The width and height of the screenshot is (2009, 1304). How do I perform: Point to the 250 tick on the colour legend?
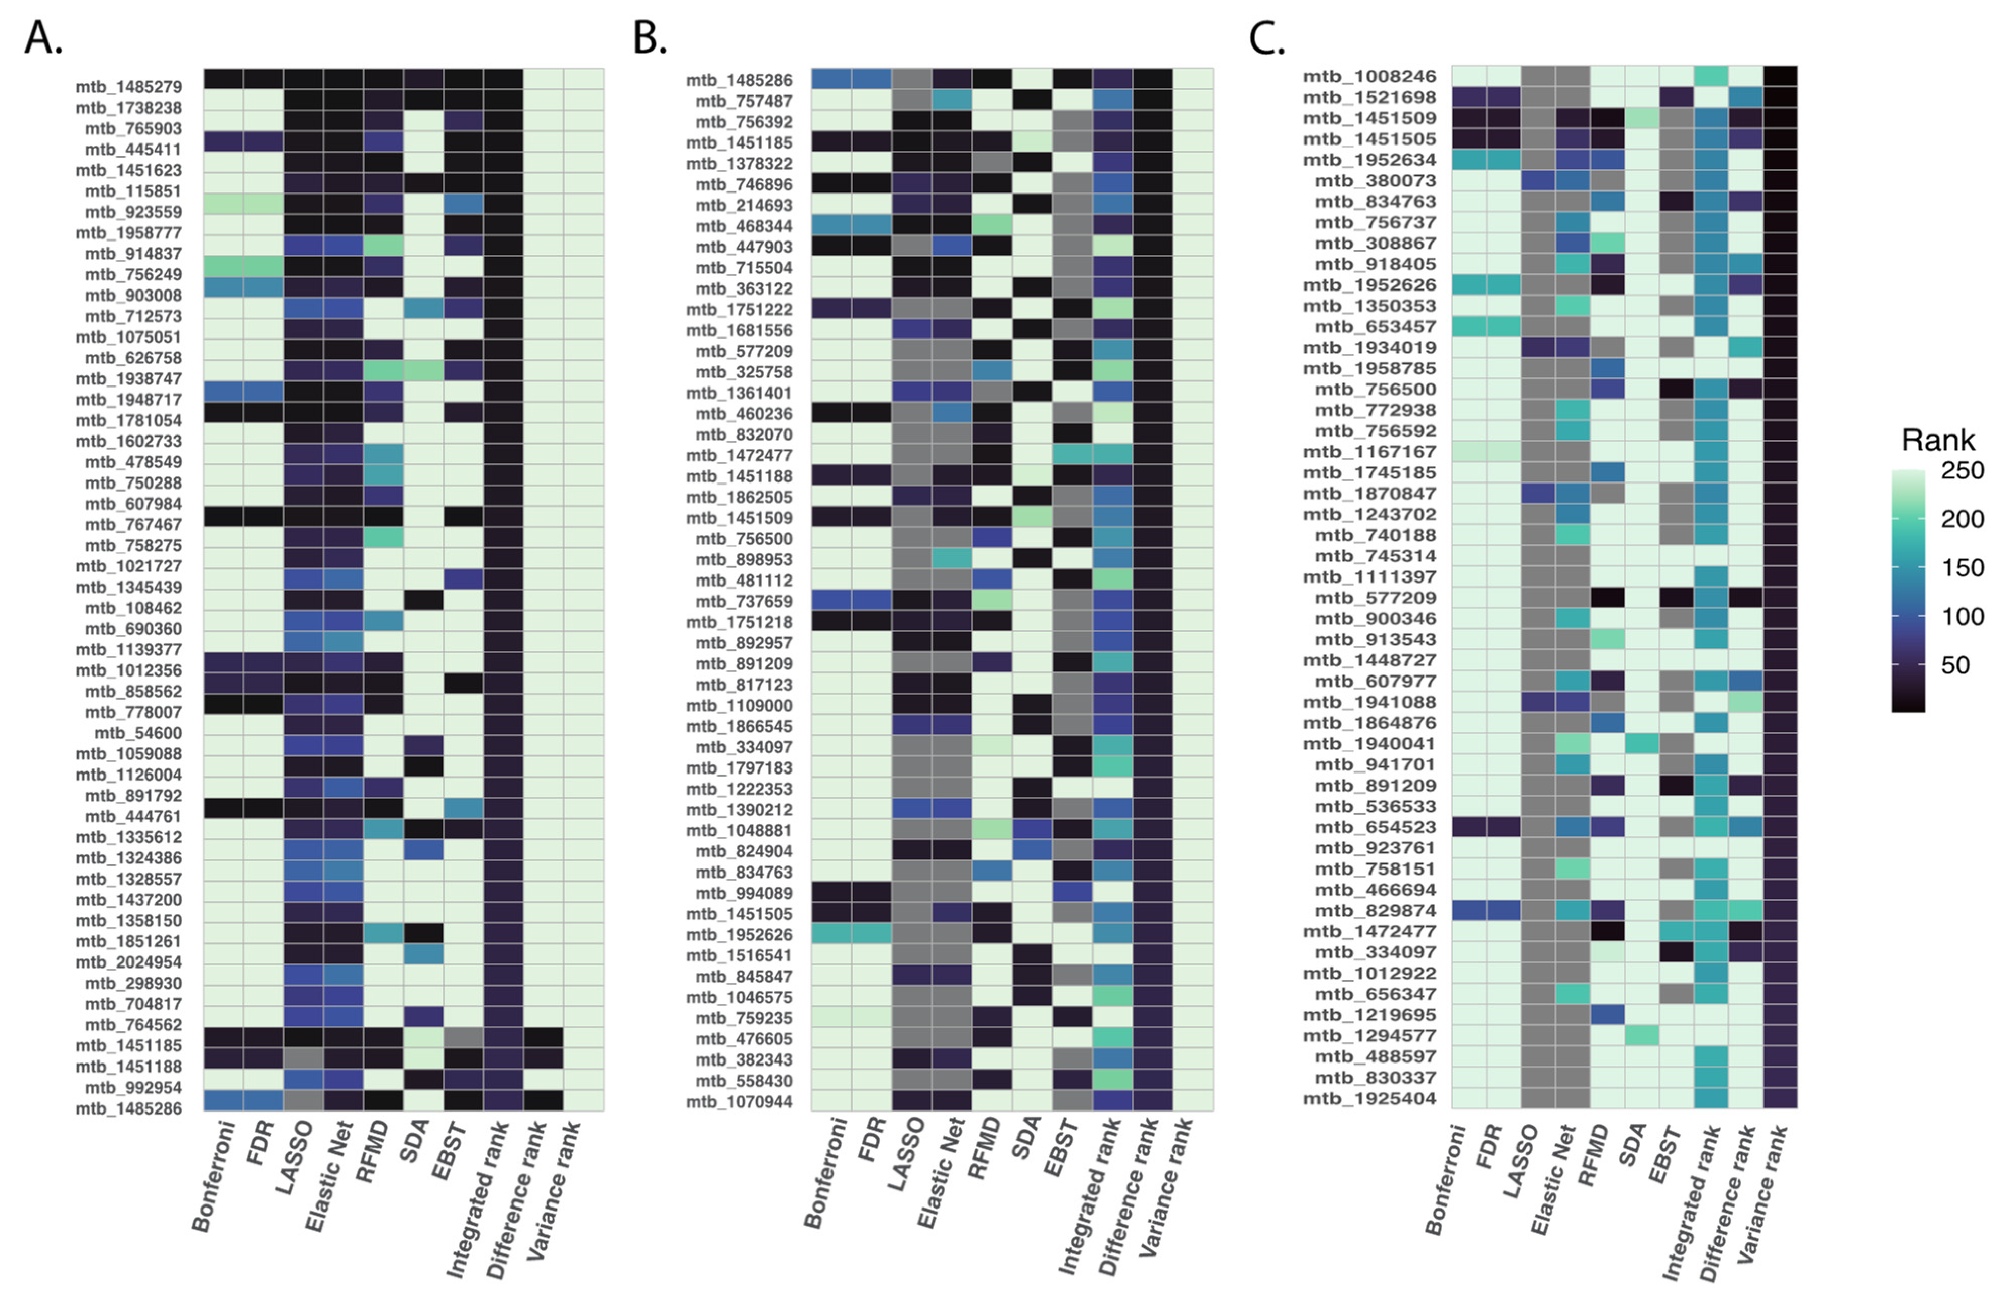point(1962,471)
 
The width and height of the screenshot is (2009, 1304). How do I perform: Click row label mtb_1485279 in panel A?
point(128,87)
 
